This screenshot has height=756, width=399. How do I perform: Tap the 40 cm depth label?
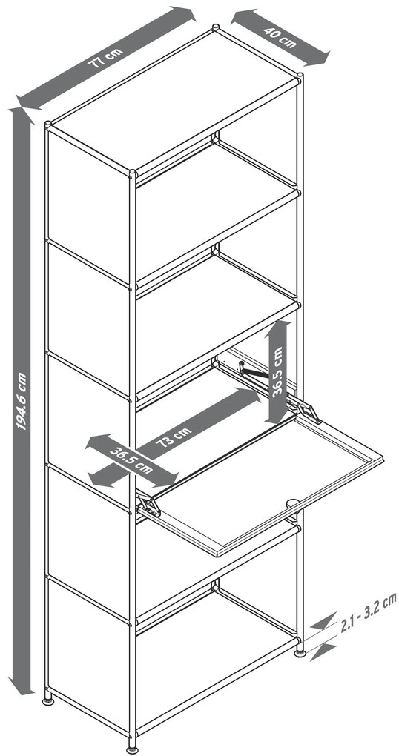(x=280, y=37)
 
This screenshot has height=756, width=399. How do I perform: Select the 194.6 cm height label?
(x=22, y=400)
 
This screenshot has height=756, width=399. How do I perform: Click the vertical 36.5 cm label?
(x=277, y=371)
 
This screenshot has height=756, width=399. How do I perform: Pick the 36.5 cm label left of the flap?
(x=131, y=460)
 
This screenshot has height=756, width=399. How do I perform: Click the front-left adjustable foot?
(x=48, y=700)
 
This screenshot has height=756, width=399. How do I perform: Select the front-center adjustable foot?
(x=132, y=749)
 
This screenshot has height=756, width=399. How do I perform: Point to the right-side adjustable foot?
(x=300, y=653)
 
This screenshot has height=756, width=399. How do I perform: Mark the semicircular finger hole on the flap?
(x=292, y=503)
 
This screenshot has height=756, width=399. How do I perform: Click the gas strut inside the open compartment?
(x=254, y=372)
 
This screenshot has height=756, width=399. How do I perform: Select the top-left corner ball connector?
(x=47, y=125)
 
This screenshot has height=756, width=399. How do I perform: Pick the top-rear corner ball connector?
(x=216, y=27)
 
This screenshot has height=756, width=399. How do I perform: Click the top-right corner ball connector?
(x=300, y=76)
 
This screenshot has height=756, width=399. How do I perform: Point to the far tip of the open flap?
(x=383, y=460)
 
